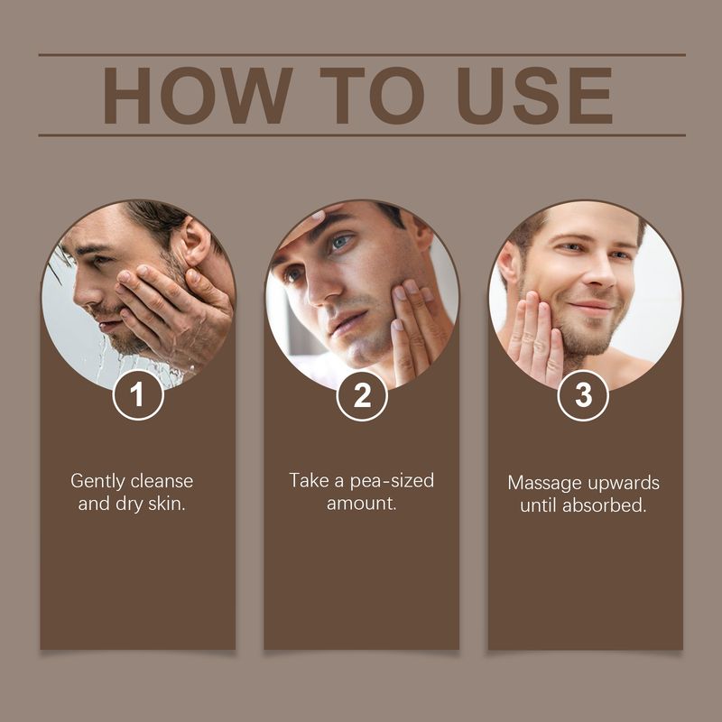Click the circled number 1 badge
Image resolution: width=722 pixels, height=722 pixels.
[138, 395]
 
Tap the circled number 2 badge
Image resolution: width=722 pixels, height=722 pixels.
[362, 395]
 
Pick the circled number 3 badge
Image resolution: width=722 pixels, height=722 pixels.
[584, 395]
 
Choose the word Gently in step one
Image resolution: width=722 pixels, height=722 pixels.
[98, 481]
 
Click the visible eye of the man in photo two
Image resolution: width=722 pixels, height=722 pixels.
[340, 242]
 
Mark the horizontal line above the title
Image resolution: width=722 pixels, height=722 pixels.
[361, 54]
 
